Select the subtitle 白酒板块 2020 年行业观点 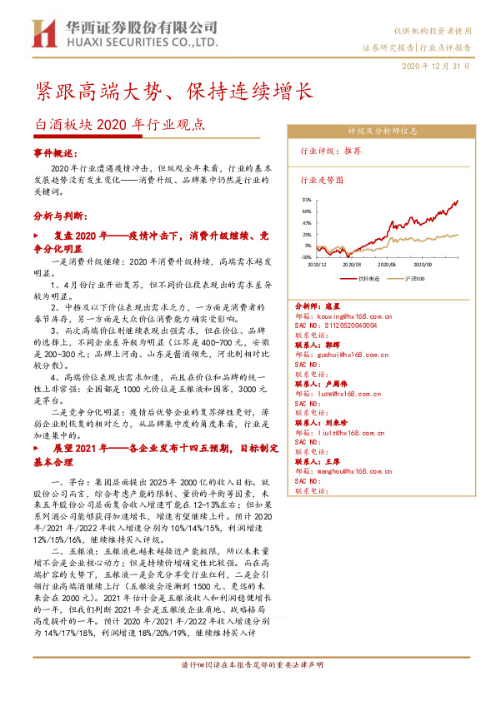click(119, 126)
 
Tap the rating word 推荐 click(353, 151)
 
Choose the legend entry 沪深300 click(414, 277)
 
